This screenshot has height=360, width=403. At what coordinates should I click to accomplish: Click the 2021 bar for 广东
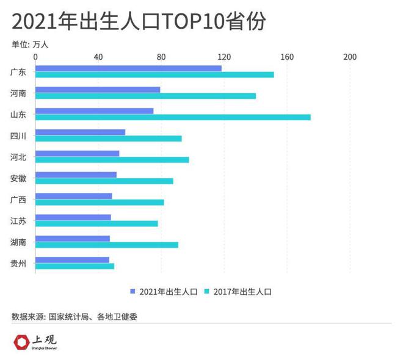(x=128, y=68)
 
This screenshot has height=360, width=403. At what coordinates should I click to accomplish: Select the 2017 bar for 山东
(x=173, y=117)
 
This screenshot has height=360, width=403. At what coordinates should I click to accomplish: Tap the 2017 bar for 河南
(x=145, y=96)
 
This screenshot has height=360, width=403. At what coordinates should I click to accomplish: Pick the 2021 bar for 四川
(x=80, y=132)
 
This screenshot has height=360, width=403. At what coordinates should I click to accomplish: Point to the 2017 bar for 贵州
(x=74, y=266)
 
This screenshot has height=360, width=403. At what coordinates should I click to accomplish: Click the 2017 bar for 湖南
(x=107, y=245)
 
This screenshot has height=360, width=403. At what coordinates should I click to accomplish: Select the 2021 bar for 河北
(x=77, y=153)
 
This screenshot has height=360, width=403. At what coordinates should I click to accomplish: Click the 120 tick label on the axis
(x=224, y=57)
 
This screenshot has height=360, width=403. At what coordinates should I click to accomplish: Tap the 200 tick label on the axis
(x=349, y=57)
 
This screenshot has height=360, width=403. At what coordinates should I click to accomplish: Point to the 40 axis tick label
(x=98, y=57)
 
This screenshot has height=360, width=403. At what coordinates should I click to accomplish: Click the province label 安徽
(x=18, y=178)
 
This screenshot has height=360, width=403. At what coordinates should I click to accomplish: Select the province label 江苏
(x=18, y=221)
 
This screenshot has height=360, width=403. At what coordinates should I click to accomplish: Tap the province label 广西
(x=18, y=200)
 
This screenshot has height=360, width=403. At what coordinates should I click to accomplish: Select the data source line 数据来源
(x=79, y=317)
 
